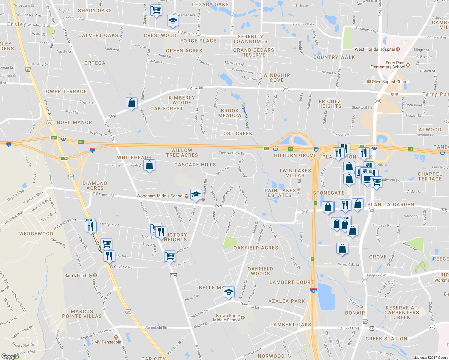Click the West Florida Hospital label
375,49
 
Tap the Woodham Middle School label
160,196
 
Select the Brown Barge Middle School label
228,318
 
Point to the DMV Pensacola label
106,342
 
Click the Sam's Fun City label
78,275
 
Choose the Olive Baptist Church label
390,82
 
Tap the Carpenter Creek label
245,115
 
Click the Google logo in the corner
10,356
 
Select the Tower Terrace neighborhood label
65,91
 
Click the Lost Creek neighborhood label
236,133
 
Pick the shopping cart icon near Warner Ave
156,10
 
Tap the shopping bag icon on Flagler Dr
149,165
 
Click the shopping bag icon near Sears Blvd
131,103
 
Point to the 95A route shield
173,275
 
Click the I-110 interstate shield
313,290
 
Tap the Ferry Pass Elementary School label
387,65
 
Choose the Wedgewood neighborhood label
36,234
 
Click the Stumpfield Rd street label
156,327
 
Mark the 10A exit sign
54,138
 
